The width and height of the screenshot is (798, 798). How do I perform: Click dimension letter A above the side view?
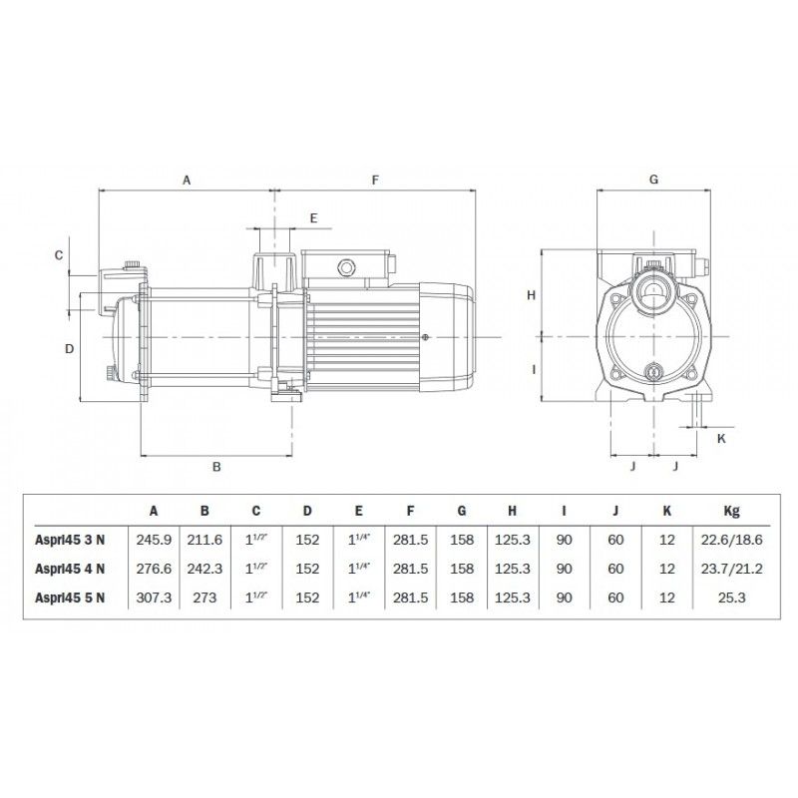[187, 181]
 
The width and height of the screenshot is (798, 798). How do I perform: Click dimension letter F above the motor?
[376, 181]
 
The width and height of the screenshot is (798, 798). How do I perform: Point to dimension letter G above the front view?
[653, 181]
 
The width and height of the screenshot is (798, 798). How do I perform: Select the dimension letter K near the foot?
[721, 436]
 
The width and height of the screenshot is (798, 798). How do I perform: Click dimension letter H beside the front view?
[532, 294]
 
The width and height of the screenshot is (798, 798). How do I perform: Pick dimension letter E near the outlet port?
[313, 217]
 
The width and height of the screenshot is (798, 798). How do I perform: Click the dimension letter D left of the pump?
[70, 348]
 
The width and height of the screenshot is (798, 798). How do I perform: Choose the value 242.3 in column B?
[204, 569]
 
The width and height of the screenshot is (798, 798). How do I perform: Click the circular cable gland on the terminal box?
[347, 267]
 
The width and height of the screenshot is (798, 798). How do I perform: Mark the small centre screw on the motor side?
[425, 337]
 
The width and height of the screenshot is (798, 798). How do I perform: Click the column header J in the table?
[615, 511]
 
